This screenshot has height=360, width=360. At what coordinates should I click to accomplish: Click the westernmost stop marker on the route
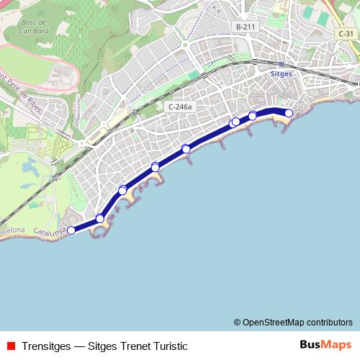(71, 230)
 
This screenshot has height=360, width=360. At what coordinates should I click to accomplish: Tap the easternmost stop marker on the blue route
(289, 112)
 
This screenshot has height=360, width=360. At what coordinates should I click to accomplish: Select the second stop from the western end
(100, 218)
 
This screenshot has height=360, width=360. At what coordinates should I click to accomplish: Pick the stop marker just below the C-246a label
(186, 149)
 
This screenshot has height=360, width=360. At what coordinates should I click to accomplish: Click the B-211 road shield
(246, 27)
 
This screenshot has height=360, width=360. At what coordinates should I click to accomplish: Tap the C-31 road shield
(346, 34)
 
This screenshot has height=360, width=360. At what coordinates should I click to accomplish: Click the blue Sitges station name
(280, 73)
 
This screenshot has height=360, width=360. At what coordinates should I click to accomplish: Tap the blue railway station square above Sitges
(280, 64)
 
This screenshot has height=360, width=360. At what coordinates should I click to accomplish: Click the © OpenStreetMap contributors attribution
(292, 322)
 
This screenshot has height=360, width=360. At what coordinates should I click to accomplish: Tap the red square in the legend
(11, 346)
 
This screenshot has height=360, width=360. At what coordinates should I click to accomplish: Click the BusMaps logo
(325, 345)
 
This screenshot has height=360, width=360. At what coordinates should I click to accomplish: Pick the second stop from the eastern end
(253, 116)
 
